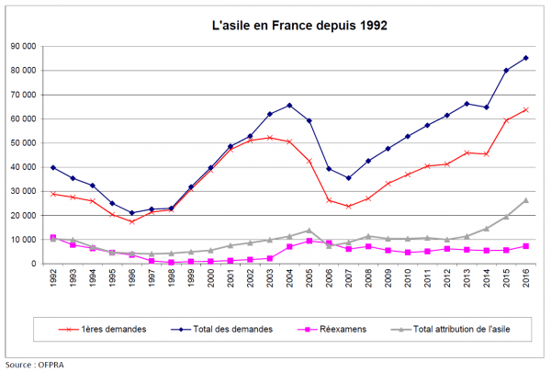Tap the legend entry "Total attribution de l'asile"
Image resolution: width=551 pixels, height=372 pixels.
[459, 328]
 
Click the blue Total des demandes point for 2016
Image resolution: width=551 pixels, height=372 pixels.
[526, 58]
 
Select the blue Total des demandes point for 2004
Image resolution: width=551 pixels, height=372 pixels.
[289, 105]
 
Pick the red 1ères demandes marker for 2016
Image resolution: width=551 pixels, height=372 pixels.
[526, 109]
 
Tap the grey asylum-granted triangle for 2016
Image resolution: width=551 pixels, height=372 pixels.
[526, 200]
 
